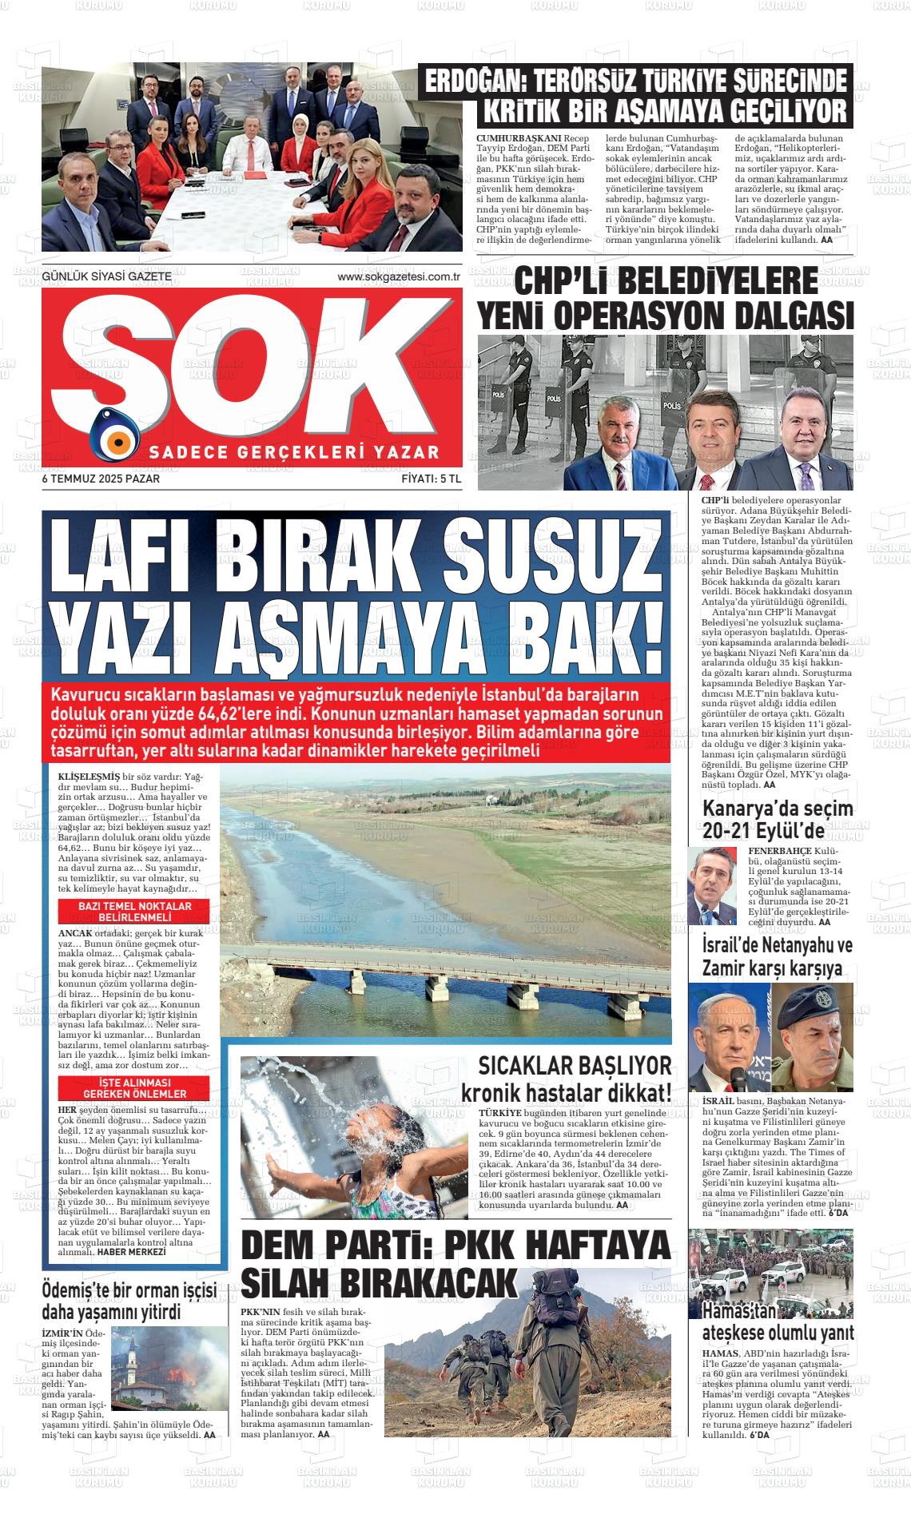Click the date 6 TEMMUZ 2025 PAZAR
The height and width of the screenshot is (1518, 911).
(x=101, y=479)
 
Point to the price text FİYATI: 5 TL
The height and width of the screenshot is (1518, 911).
(x=432, y=479)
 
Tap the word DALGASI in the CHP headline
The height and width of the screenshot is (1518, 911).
(x=784, y=316)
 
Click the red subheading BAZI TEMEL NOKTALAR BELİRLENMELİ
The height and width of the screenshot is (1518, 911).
(x=134, y=912)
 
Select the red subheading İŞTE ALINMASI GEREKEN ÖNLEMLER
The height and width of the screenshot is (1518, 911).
(x=134, y=1087)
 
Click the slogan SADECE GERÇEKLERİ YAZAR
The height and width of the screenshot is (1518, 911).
(x=294, y=452)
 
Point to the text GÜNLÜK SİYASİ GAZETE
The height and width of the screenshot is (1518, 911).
(x=106, y=276)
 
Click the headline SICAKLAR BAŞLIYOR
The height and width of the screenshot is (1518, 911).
(x=575, y=1066)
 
